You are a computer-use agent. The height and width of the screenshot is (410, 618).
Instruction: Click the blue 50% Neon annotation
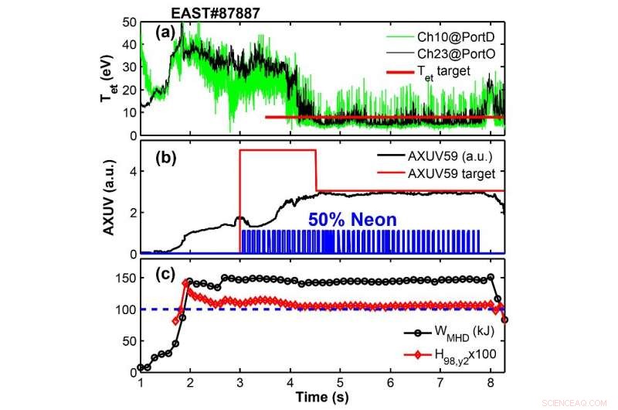coord(352,220)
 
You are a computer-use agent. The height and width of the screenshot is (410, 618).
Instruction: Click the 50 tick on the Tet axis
coord(128,22)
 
